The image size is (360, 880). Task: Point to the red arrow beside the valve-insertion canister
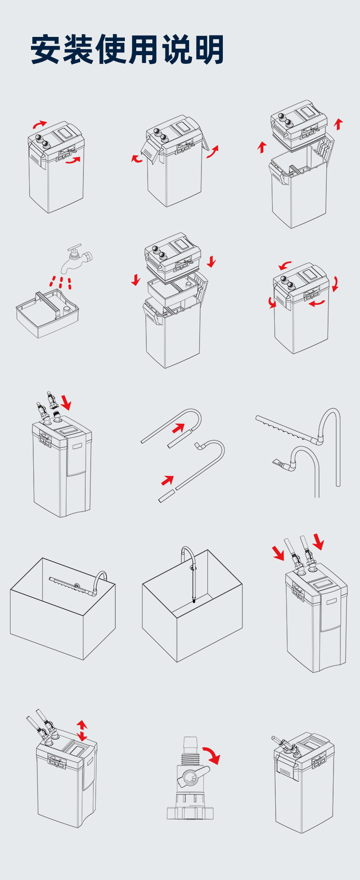pos(66,402)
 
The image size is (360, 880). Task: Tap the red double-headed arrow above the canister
pos(82,731)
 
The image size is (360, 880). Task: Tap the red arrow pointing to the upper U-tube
pos(179,428)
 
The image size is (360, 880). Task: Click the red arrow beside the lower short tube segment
pos(168,480)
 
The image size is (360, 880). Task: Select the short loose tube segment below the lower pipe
pos(167,496)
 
